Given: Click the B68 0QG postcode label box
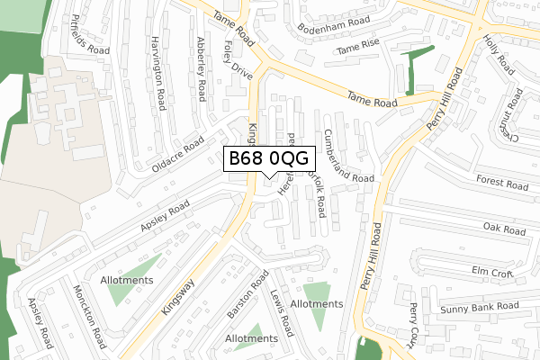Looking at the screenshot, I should click(x=268, y=158).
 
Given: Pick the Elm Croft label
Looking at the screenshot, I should click(x=491, y=271).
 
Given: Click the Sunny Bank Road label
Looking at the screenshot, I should click(x=481, y=308).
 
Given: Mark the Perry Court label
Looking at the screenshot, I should click(x=414, y=324).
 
